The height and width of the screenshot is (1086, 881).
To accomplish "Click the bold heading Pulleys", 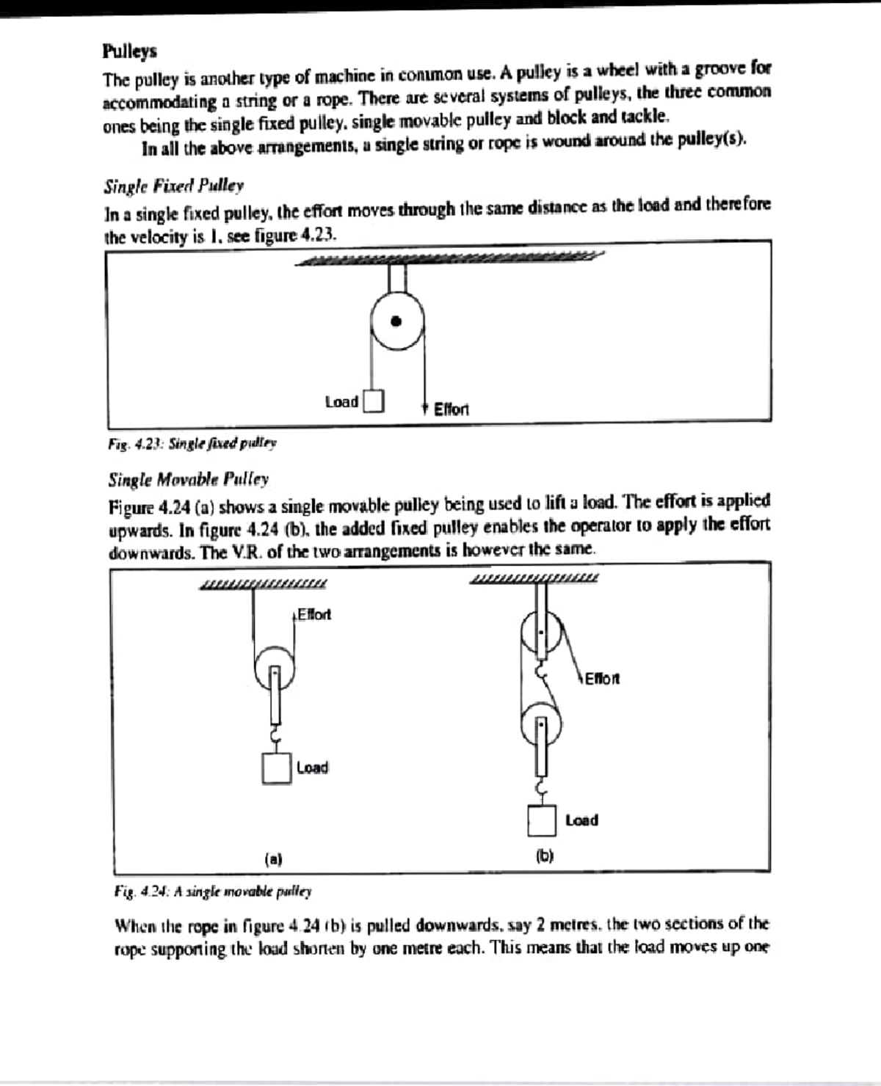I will (x=129, y=51).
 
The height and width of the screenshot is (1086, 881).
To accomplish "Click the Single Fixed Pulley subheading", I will (x=173, y=186).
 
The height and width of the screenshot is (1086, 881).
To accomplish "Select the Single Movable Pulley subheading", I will (x=188, y=479).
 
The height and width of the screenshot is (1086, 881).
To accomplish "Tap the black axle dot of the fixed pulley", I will (x=396, y=321).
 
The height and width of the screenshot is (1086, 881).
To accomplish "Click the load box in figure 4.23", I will (x=374, y=401).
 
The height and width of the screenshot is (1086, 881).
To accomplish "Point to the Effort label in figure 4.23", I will (x=451, y=409).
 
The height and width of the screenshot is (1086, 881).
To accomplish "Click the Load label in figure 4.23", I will (x=341, y=401).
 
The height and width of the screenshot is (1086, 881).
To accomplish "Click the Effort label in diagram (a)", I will (x=313, y=614).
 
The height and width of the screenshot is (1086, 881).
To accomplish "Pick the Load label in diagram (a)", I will (x=312, y=768).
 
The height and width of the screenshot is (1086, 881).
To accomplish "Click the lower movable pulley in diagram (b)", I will (x=541, y=725).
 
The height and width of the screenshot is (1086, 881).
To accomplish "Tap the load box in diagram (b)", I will (x=542, y=820).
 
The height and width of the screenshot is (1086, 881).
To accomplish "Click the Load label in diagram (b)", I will (x=581, y=820).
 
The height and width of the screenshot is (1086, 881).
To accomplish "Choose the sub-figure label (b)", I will (x=544, y=856).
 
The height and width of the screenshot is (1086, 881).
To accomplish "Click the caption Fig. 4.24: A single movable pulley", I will (x=213, y=892).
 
